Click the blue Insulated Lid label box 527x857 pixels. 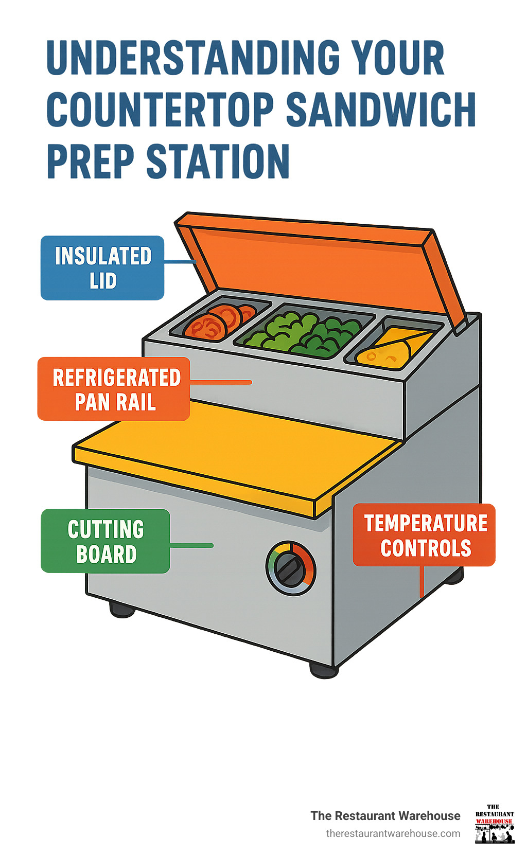tap(102, 268)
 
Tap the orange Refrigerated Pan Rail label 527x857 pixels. tap(114, 389)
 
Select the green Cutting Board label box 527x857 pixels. tap(106, 541)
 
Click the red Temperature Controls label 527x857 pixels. tap(424, 535)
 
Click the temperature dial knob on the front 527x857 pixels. tap(291, 568)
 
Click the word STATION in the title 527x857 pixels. tap(218, 162)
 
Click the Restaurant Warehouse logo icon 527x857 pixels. tap(494, 824)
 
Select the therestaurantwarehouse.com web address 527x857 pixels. tap(393, 833)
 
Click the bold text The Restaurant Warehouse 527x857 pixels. tap(385, 816)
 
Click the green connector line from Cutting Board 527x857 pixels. tap(191, 545)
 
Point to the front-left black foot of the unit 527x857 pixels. tap(122, 610)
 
